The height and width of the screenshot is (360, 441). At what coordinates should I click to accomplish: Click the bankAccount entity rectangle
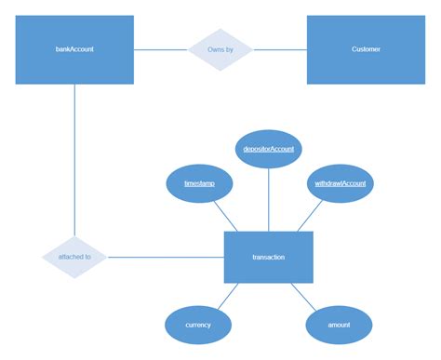point(74,49)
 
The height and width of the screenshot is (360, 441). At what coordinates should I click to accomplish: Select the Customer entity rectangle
point(366,49)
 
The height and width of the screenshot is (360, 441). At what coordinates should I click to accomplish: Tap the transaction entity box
point(268,257)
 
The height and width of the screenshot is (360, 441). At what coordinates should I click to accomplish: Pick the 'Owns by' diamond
point(220,49)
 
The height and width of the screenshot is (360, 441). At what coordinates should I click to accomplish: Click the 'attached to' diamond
point(74,257)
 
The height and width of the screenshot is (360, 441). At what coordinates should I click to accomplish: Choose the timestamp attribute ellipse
point(199,184)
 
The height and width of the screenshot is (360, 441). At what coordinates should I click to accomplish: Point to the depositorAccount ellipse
point(268,149)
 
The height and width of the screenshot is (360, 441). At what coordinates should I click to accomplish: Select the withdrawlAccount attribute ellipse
point(340,184)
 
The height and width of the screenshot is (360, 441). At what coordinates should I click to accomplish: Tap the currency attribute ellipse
point(198,325)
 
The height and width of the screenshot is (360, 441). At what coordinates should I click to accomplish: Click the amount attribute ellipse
point(340,325)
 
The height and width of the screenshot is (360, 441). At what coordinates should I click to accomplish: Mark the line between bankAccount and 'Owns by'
point(161,49)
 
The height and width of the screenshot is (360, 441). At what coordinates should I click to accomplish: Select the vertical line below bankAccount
point(74,158)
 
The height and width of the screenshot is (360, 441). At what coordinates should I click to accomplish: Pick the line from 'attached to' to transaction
point(166,257)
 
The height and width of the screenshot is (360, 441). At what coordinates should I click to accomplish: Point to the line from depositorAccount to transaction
point(268,200)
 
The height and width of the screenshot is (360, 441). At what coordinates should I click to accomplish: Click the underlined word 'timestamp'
point(199,184)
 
